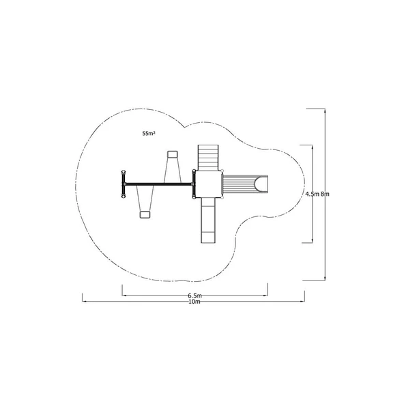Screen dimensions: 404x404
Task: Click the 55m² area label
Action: pos(149,133)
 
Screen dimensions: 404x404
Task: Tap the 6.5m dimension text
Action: pos(194,295)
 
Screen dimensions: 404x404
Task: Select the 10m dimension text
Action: pos(194,302)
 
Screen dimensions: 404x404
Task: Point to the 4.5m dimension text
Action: pos(313,194)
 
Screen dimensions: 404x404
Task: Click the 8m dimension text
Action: pos(325,194)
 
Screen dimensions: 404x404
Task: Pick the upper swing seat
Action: pos(173,154)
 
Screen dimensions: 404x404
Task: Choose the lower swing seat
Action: pos(145,214)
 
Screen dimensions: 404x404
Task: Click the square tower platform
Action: pos(208,184)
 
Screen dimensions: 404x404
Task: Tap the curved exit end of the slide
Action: pos(261,184)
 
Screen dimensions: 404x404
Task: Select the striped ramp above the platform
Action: pos(208,158)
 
